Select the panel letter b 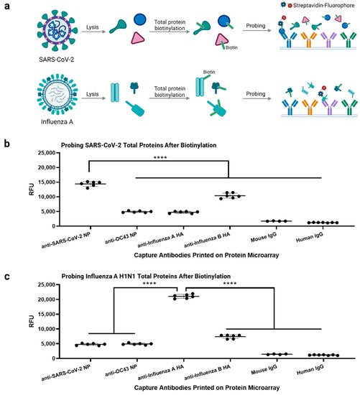coord(6,146)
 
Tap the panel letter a coord(6,6)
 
